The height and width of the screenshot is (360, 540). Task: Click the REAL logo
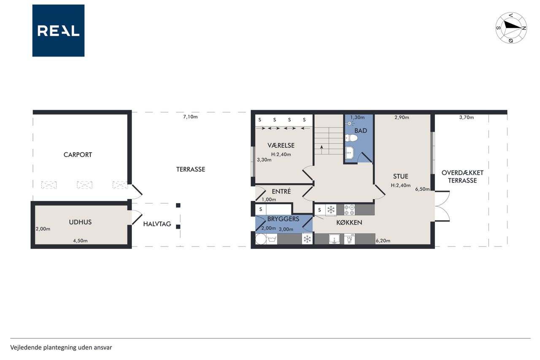click(x=58, y=31)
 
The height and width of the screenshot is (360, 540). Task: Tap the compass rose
click(x=511, y=28)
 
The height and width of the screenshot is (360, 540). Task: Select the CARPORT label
click(x=78, y=155)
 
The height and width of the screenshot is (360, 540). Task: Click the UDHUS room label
click(x=80, y=222)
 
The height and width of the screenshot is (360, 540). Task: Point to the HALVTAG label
click(x=157, y=224)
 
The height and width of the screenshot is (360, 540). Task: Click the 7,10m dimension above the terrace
click(x=190, y=117)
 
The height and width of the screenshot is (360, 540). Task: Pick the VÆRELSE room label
click(x=281, y=146)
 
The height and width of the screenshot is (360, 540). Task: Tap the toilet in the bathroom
click(x=351, y=138)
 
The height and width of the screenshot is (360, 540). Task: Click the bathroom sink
click(x=350, y=153)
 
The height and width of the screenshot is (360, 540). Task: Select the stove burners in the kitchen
click(x=349, y=210)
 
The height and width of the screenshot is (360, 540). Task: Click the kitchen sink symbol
click(x=335, y=239)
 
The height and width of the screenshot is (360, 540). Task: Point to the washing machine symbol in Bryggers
click(x=272, y=239)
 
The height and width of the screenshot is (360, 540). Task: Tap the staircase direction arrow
click(x=321, y=149)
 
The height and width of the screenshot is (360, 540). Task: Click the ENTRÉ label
click(x=281, y=192)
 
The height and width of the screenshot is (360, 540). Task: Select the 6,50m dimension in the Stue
click(x=422, y=189)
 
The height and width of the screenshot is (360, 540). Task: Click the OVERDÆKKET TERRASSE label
click(x=462, y=176)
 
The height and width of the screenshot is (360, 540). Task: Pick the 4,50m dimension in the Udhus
click(x=80, y=241)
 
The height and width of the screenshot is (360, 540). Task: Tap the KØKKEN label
click(x=349, y=222)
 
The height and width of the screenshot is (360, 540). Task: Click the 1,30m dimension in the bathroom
click(x=357, y=117)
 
